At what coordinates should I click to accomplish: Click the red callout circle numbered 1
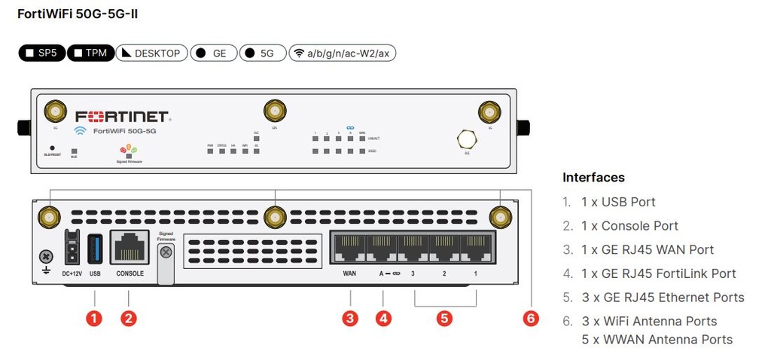(94, 318)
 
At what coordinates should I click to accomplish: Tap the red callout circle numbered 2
(130, 318)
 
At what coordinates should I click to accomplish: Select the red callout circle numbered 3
(349, 318)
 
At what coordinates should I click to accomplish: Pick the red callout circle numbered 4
(384, 318)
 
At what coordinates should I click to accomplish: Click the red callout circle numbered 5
(444, 318)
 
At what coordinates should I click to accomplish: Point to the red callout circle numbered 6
(532, 318)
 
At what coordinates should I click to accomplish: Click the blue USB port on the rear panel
(95, 248)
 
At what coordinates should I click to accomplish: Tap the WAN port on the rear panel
(349, 248)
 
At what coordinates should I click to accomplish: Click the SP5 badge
(42, 53)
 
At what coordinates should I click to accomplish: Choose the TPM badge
(90, 53)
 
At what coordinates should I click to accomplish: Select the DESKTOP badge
(151, 53)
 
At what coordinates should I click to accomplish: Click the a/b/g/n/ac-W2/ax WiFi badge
(343, 53)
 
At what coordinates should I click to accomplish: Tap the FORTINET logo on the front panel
(124, 117)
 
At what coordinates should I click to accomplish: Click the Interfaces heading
(593, 178)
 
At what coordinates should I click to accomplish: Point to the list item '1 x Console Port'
(629, 226)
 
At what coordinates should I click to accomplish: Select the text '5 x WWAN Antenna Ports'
(657, 340)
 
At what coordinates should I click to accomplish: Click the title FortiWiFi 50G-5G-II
(78, 15)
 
